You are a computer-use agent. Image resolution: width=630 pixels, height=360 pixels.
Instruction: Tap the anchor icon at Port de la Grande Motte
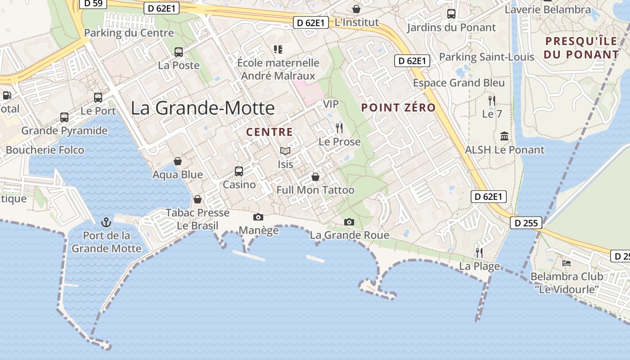(x=106, y=222)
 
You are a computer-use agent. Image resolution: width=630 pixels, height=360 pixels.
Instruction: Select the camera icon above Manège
(x=258, y=217)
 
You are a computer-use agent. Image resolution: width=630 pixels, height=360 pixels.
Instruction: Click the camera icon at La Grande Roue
(x=349, y=222)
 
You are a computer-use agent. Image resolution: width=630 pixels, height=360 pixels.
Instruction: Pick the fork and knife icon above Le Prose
(x=339, y=128)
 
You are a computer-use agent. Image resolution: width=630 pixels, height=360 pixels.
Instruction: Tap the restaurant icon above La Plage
(x=479, y=252)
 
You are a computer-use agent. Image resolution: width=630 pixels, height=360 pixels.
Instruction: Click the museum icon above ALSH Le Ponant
(x=504, y=136)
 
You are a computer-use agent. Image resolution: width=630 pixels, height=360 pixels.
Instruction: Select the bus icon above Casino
(x=239, y=171)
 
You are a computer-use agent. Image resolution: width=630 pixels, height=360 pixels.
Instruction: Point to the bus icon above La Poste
(x=179, y=52)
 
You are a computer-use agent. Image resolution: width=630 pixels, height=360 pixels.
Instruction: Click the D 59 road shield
(x=93, y=4)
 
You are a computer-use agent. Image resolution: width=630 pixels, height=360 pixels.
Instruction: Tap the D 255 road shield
(x=526, y=223)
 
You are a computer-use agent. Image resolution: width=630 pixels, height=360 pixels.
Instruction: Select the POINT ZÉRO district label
(x=399, y=108)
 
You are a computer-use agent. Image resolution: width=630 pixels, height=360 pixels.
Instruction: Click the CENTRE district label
(x=270, y=132)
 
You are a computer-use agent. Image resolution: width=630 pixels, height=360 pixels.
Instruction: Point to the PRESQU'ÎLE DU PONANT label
(x=581, y=48)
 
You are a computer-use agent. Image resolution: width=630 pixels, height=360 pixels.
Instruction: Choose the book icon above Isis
(x=285, y=151)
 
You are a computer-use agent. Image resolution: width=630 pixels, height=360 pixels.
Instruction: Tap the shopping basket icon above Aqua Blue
(x=178, y=161)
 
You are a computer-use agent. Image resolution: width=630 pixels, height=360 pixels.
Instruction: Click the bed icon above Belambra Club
(x=567, y=263)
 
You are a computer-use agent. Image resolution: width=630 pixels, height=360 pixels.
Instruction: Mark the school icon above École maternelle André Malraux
(x=278, y=49)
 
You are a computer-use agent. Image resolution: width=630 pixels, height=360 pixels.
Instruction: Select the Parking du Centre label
(x=129, y=33)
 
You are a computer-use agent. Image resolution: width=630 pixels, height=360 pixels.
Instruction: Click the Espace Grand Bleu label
(x=459, y=83)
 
